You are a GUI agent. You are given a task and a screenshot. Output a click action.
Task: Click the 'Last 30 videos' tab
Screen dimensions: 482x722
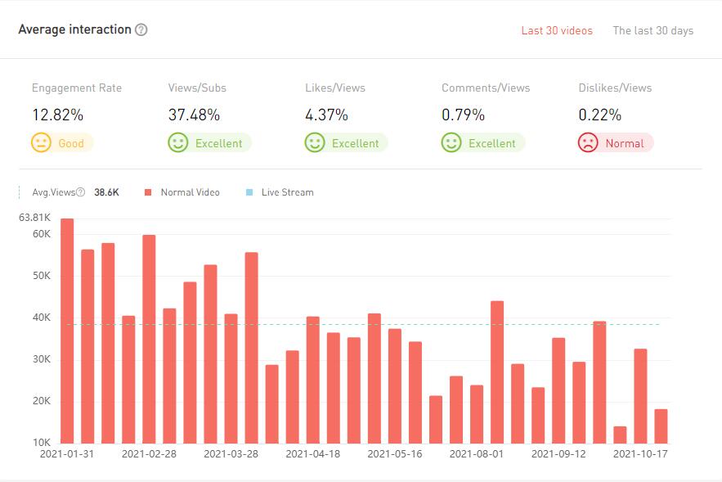pyautogui.click(x=557, y=31)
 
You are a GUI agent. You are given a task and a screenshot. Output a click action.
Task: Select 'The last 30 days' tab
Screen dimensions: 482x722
pyautogui.click(x=652, y=31)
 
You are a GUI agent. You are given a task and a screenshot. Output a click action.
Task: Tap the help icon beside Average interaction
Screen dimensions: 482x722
pyautogui.click(x=141, y=29)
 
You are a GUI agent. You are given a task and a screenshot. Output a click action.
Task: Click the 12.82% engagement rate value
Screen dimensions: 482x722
pyautogui.click(x=57, y=115)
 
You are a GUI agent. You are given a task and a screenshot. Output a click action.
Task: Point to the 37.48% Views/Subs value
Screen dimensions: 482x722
pyautogui.click(x=194, y=115)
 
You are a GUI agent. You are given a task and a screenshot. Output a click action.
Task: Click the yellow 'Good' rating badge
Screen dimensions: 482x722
pyautogui.click(x=62, y=143)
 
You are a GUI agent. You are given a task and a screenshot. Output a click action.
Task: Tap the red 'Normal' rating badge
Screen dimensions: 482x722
pyautogui.click(x=616, y=143)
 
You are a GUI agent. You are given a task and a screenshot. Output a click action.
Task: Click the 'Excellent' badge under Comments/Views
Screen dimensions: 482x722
pyautogui.click(x=482, y=143)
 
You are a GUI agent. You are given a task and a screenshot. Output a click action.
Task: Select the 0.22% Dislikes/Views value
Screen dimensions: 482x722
pyautogui.click(x=600, y=115)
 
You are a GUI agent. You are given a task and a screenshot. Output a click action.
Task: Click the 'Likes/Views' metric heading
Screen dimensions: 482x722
pyautogui.click(x=334, y=88)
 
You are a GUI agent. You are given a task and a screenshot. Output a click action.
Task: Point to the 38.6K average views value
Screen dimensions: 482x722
pyautogui.click(x=106, y=192)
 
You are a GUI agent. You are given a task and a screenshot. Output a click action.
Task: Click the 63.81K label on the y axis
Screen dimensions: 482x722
pyautogui.click(x=35, y=218)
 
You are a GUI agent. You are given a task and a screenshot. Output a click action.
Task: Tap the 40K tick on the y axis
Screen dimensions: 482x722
pyautogui.click(x=41, y=318)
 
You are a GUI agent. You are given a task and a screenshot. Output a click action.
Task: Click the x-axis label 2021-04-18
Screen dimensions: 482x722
pyautogui.click(x=313, y=453)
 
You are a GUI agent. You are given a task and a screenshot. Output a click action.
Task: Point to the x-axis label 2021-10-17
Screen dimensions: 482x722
pyautogui.click(x=640, y=453)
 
